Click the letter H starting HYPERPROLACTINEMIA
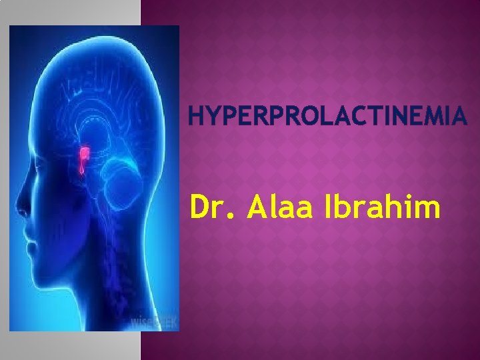pos(197,119)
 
